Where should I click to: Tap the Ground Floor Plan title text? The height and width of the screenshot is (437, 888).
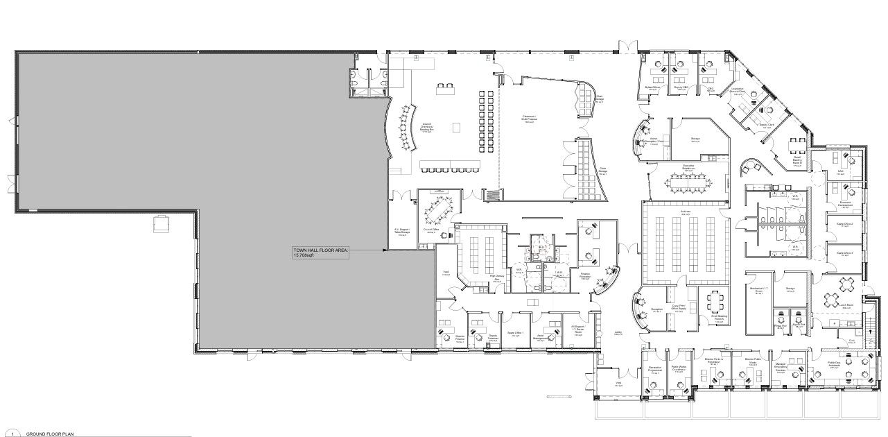(x=50, y=433)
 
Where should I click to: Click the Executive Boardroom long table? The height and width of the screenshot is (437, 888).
(x=688, y=182)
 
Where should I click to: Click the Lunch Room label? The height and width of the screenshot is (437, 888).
(x=846, y=305)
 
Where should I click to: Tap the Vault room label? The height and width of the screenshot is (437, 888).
(x=446, y=272)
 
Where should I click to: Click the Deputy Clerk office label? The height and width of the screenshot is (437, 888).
(x=767, y=126)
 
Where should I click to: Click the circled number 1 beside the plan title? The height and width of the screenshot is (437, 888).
(x=12, y=433)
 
